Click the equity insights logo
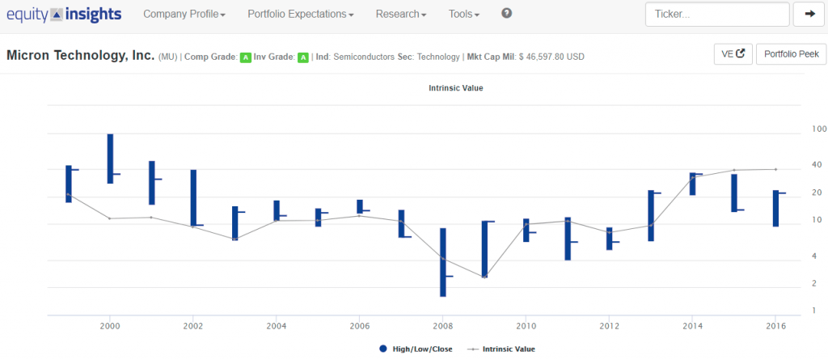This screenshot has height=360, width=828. (64, 15)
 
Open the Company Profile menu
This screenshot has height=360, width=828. (184, 15)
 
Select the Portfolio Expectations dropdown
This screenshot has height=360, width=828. (301, 15)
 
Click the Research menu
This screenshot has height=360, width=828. (401, 15)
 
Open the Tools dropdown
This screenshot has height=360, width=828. (463, 15)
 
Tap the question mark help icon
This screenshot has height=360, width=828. (506, 14)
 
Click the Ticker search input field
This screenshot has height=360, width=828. (717, 15)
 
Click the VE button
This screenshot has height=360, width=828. (733, 54)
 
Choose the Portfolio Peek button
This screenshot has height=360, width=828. (791, 54)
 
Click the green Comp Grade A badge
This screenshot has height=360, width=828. (246, 57)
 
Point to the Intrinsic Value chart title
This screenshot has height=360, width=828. (456, 88)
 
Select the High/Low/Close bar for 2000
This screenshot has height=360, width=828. (110, 159)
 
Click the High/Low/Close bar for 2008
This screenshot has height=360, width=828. (443, 262)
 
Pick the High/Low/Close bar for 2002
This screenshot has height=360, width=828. (193, 198)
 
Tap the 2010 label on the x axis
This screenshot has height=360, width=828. (526, 326)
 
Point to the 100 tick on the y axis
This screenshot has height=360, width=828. (818, 129)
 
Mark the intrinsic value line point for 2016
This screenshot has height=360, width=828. (775, 169)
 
